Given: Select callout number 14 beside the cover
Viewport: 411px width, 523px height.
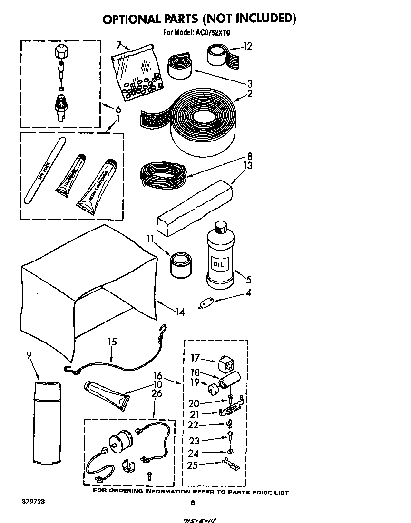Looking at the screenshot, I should pyautogui.click(x=179, y=312).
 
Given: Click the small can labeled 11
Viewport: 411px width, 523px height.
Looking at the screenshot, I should pyautogui.click(x=180, y=265).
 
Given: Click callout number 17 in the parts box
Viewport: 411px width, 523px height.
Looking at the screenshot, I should pyautogui.click(x=195, y=359).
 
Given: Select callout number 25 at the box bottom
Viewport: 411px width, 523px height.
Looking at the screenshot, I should pyautogui.click(x=193, y=465).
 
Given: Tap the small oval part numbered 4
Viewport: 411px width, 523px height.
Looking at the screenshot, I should pyautogui.click(x=206, y=302).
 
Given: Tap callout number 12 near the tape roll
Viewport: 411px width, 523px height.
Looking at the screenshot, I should pyautogui.click(x=247, y=47).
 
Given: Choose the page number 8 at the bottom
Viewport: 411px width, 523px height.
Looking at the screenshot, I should pyautogui.click(x=193, y=503).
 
